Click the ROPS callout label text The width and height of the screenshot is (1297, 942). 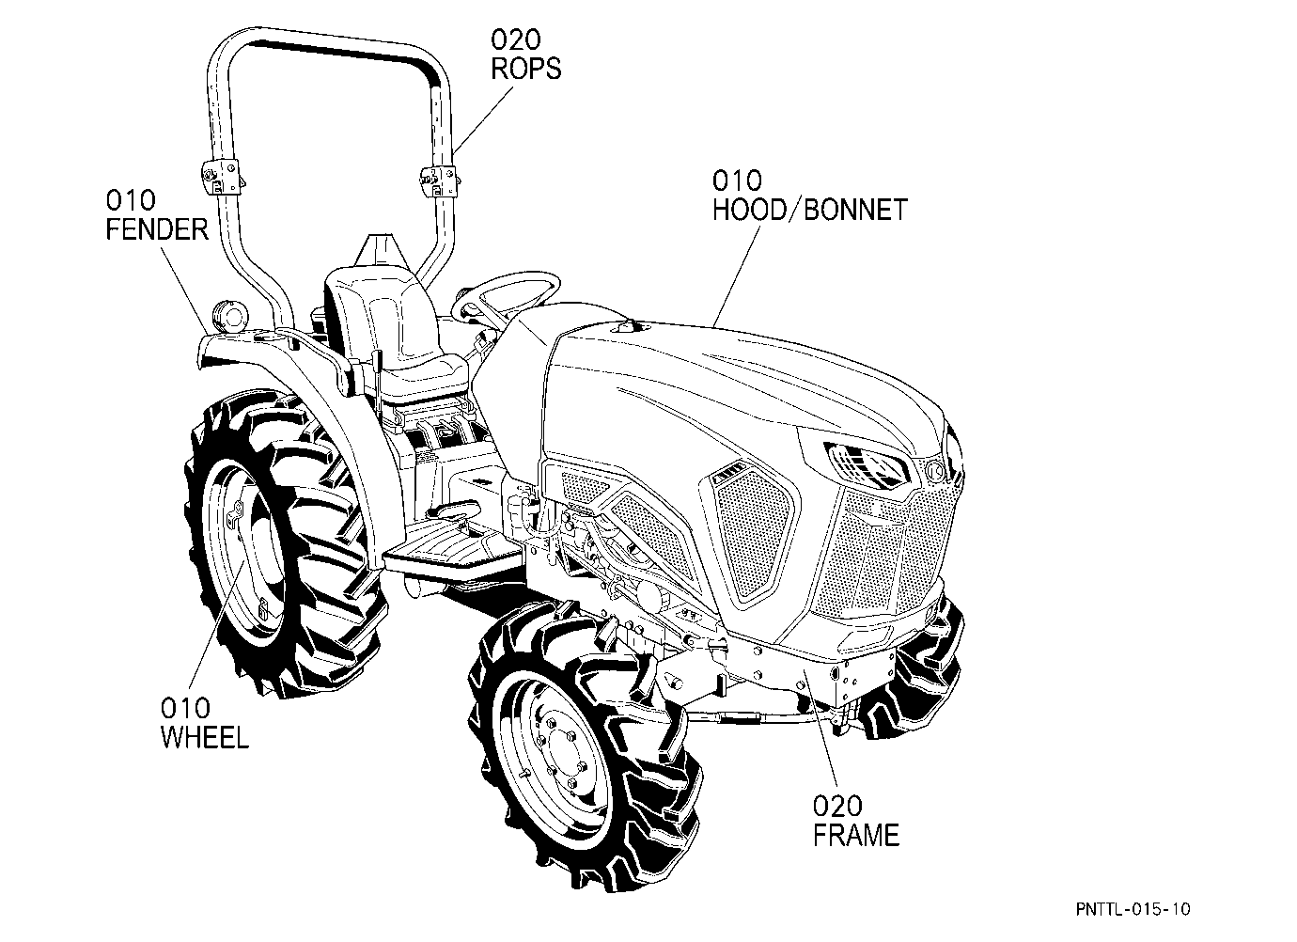click(x=525, y=69)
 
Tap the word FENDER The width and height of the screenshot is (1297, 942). click(x=157, y=230)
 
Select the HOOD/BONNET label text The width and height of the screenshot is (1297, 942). click(x=809, y=210)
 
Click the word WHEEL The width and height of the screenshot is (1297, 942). click(x=205, y=737)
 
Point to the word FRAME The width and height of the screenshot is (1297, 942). click(x=856, y=836)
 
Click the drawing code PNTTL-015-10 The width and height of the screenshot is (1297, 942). click(x=1133, y=909)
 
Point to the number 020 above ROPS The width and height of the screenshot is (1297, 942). click(x=515, y=39)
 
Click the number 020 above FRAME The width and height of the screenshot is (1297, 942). click(x=837, y=806)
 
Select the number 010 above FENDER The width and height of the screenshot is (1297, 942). click(x=131, y=200)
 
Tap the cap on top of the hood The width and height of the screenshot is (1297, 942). click(x=627, y=327)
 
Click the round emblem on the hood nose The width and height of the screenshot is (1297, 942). click(x=934, y=470)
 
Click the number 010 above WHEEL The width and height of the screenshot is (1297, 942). click(x=185, y=708)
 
